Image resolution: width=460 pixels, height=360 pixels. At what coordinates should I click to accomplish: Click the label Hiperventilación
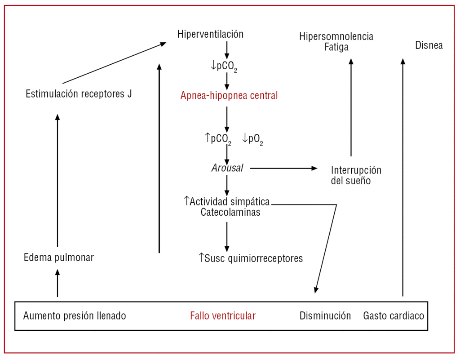pyautogui.click(x=210, y=34)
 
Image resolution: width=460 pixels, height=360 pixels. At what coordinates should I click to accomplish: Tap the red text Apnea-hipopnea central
pyautogui.click(x=229, y=95)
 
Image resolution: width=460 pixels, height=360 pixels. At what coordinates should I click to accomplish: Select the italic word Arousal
pyautogui.click(x=227, y=168)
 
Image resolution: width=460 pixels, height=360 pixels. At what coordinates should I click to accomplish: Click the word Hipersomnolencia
pyautogui.click(x=336, y=36)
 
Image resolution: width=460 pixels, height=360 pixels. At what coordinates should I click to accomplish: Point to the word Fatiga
pyautogui.click(x=336, y=47)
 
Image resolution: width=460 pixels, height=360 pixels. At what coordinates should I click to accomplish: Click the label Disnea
pyautogui.click(x=429, y=45)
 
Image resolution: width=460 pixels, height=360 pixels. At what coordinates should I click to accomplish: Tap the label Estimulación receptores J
pyautogui.click(x=79, y=94)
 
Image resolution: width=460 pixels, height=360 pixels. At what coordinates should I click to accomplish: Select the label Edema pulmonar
pyautogui.click(x=59, y=258)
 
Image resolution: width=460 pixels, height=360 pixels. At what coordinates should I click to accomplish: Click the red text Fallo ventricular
pyautogui.click(x=223, y=316)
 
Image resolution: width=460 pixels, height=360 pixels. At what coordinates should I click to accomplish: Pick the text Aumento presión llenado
pyautogui.click(x=75, y=316)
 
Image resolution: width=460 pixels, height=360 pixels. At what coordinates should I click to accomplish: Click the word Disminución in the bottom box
pyautogui.click(x=325, y=316)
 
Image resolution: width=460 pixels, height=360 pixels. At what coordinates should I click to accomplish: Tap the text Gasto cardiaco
pyautogui.click(x=394, y=316)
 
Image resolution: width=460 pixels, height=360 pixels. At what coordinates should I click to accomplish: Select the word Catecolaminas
pyautogui.click(x=230, y=212)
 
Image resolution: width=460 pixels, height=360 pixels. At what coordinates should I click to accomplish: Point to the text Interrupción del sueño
pyautogui.click(x=356, y=176)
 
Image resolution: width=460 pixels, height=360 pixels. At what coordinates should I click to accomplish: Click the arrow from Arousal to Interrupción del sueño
pyautogui.click(x=283, y=168)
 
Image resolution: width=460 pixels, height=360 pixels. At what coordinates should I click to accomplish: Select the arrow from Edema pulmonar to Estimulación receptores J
pyautogui.click(x=57, y=180)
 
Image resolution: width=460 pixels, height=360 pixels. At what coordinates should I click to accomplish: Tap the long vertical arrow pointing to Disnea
pyautogui.click(x=402, y=178)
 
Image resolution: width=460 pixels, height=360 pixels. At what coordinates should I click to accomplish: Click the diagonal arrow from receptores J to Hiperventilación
pyautogui.click(x=115, y=63)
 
